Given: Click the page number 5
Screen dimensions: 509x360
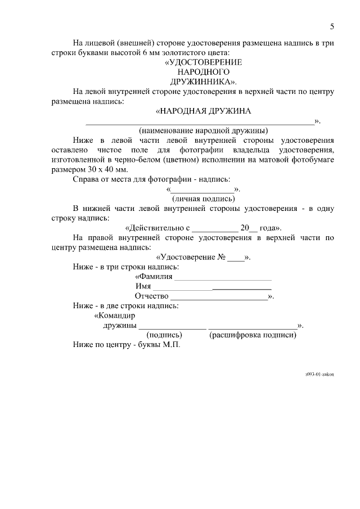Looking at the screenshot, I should [x=332, y=26].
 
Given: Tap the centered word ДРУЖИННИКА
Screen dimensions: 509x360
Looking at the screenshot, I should [x=201, y=82].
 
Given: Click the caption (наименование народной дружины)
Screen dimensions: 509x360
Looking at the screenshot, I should [x=203, y=130].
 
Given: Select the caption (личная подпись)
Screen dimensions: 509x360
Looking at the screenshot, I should [x=203, y=199].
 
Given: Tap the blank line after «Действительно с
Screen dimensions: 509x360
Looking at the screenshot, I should [x=214, y=228].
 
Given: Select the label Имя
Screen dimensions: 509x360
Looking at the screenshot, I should [x=143, y=286].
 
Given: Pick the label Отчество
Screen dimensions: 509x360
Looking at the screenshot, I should [x=151, y=296].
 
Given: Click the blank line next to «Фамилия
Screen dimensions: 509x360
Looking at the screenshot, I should [x=223, y=277].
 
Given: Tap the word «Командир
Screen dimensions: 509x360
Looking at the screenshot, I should [x=114, y=316].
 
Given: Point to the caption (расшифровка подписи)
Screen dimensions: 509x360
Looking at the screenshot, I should [x=253, y=335].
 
